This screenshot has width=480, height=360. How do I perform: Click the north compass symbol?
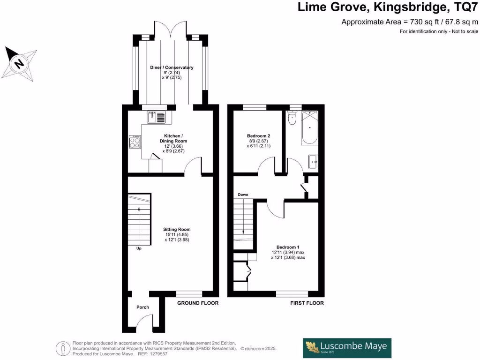(x=20, y=63)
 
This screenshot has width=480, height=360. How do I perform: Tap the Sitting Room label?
(x=177, y=229)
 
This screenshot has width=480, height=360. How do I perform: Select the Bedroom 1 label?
(x=287, y=247)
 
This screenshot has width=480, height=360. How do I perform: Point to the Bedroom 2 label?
(x=258, y=136)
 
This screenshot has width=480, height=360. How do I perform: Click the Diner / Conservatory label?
(x=172, y=67)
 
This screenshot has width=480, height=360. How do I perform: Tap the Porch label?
(x=142, y=307)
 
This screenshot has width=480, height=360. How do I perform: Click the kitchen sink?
(x=157, y=117)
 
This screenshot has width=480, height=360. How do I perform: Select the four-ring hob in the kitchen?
(x=135, y=142)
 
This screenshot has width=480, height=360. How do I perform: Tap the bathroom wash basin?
(x=314, y=162)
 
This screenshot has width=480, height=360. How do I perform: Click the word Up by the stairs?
(x=139, y=248)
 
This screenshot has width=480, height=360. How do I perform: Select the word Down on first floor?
(x=243, y=195)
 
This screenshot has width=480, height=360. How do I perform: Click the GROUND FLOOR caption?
(x=197, y=303)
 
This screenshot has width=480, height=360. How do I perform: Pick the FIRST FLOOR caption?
(x=307, y=303)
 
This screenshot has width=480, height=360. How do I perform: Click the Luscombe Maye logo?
(x=347, y=348)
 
